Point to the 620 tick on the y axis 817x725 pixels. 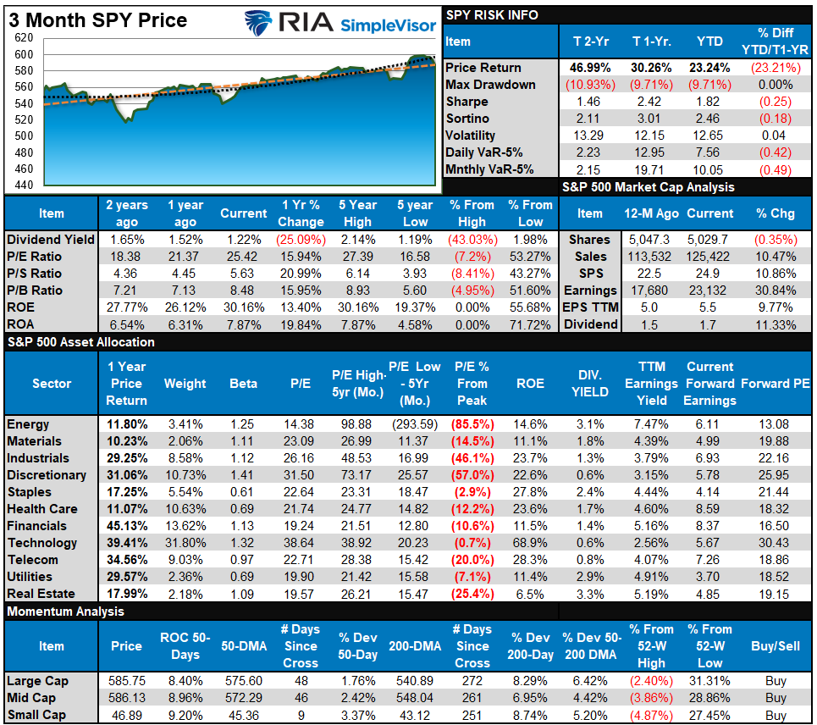(x=23, y=38)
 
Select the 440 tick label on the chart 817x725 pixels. (x=23, y=185)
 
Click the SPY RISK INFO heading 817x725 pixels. (x=491, y=15)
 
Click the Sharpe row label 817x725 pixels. (x=467, y=102)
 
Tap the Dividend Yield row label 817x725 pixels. (x=51, y=240)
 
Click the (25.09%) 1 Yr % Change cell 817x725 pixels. (x=301, y=240)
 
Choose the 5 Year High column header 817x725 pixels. (x=356, y=213)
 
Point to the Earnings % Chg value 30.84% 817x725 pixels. (x=776, y=291)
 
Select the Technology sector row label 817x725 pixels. (x=42, y=543)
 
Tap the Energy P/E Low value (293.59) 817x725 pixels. (x=414, y=424)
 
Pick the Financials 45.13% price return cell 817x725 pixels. (x=127, y=526)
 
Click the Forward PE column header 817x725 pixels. (x=776, y=384)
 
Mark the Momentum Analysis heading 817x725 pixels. (x=65, y=612)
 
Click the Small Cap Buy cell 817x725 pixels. (x=775, y=715)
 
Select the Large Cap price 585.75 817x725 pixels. (x=126, y=681)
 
